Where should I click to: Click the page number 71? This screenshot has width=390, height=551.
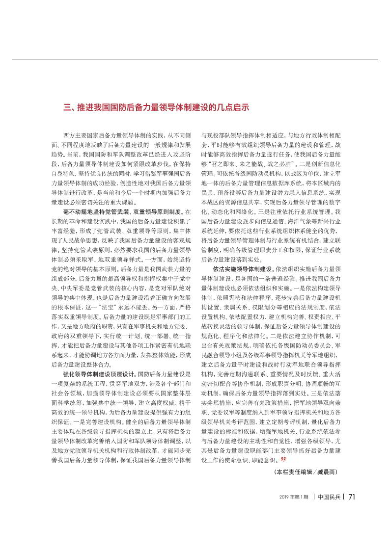(352, 496)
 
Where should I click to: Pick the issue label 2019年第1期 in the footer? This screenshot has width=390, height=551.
(294, 497)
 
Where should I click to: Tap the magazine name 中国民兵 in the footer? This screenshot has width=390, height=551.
(329, 497)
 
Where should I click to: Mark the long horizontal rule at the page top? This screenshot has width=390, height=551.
(195, 59)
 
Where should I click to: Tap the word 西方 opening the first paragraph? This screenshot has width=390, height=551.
(68, 133)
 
